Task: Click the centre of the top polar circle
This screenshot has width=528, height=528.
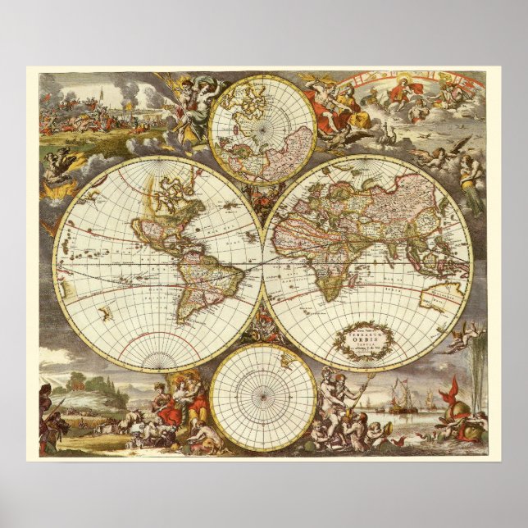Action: [x=262, y=129]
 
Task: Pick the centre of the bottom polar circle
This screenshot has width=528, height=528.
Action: [x=262, y=398]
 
